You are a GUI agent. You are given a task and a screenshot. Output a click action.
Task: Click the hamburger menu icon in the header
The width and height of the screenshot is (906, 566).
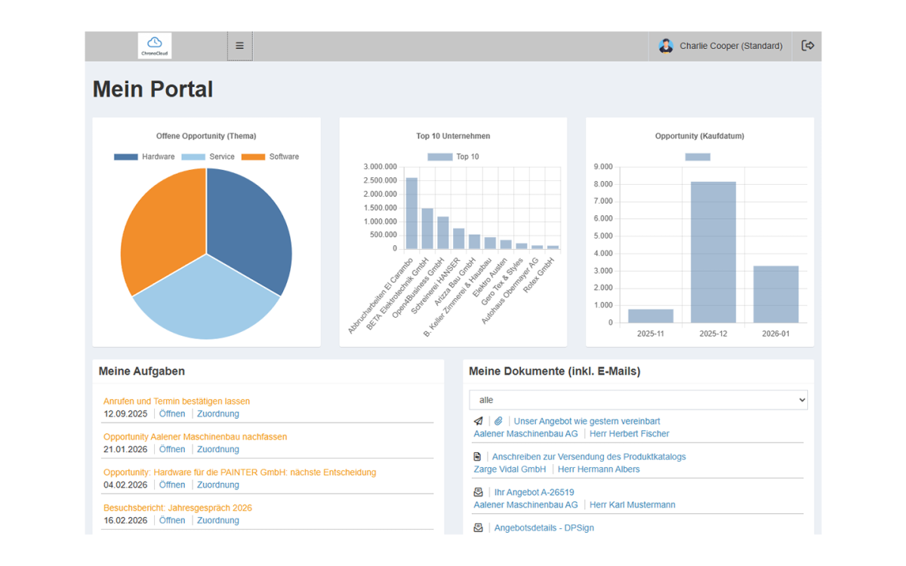pos(239,46)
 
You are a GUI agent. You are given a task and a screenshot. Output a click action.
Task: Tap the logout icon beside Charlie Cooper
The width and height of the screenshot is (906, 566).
pos(807,45)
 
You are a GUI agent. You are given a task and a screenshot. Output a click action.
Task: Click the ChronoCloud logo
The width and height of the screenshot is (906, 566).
pos(155,46)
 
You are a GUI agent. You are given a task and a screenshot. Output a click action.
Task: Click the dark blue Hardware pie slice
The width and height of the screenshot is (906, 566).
pos(247,226)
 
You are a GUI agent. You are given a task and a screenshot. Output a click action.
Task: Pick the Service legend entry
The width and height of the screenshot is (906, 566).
pos(208,156)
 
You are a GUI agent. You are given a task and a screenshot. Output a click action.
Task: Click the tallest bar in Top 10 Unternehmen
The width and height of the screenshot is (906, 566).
pos(411,213)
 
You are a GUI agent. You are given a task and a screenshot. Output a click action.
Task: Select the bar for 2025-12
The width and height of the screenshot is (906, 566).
pos(713,252)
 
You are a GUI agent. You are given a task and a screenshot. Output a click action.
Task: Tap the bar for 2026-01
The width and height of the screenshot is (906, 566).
pos(776,294)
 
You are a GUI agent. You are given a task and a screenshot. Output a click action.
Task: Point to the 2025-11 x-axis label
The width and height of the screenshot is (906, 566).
pos(650,334)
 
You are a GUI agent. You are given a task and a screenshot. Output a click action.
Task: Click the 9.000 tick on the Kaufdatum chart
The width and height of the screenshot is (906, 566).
pos(603,167)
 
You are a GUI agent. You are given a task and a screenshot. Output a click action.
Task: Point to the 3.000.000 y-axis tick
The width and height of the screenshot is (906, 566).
pos(380,167)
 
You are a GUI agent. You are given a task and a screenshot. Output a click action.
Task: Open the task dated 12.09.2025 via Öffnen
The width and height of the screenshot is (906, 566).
pos(172,414)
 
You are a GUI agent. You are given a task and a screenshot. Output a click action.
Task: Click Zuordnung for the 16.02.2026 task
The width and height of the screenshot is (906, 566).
pos(218,520)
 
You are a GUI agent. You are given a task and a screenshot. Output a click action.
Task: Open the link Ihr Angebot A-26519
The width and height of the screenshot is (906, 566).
pos(534,492)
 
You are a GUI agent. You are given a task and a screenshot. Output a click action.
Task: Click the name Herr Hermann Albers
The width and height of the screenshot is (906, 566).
pos(599,469)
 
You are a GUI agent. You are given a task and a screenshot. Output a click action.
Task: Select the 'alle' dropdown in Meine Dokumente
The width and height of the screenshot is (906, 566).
pos(638,400)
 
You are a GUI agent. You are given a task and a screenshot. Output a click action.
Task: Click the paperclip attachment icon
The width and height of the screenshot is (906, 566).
pos(498,421)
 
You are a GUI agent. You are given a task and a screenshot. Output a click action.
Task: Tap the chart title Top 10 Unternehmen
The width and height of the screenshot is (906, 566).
pos(453,136)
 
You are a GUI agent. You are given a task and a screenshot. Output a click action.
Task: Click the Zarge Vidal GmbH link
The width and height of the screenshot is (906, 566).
pos(510,469)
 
